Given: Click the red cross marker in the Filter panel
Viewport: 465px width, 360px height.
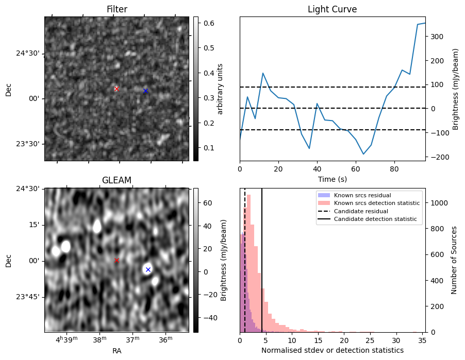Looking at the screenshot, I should [x=117, y=89].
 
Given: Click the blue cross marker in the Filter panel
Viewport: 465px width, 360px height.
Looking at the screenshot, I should [x=145, y=91].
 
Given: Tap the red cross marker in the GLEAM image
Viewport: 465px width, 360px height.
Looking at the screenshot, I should [x=117, y=260].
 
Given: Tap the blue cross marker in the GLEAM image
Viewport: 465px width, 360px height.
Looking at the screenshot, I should [x=148, y=269].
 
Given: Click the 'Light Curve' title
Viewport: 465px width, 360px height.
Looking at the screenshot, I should [x=332, y=9].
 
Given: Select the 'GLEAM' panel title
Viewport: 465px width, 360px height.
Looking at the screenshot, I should [x=117, y=180].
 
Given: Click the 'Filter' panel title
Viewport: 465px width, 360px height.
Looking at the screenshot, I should [x=117, y=9].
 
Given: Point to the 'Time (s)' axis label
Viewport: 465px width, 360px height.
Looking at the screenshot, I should [x=332, y=179].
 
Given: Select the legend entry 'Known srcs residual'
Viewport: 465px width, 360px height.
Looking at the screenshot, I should [x=362, y=195].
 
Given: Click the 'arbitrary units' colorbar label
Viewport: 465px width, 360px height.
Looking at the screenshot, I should [x=220, y=89].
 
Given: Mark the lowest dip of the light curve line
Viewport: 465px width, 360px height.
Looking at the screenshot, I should [x=363, y=154].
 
